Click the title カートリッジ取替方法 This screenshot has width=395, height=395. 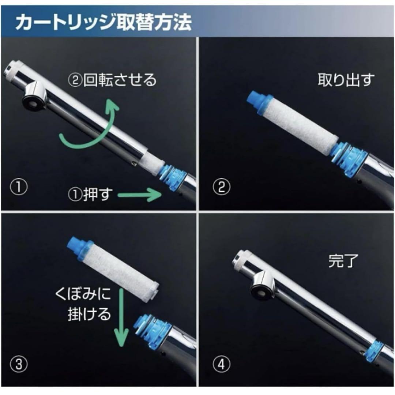tap(104, 22)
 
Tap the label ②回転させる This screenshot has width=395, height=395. tap(112, 80)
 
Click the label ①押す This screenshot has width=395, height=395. tap(90, 194)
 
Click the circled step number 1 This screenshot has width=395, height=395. tap(19, 187)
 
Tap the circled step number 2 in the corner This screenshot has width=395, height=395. tap(221, 187)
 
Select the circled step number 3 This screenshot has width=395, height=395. tap(19, 364)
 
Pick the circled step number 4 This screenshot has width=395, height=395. tap(221, 364)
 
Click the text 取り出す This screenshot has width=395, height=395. tap(346, 80)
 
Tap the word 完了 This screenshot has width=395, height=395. tap(343, 261)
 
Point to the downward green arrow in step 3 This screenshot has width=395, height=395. tap(121, 318)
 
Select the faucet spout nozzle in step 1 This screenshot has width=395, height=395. tap(34, 97)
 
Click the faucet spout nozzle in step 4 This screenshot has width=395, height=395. tap(261, 287)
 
